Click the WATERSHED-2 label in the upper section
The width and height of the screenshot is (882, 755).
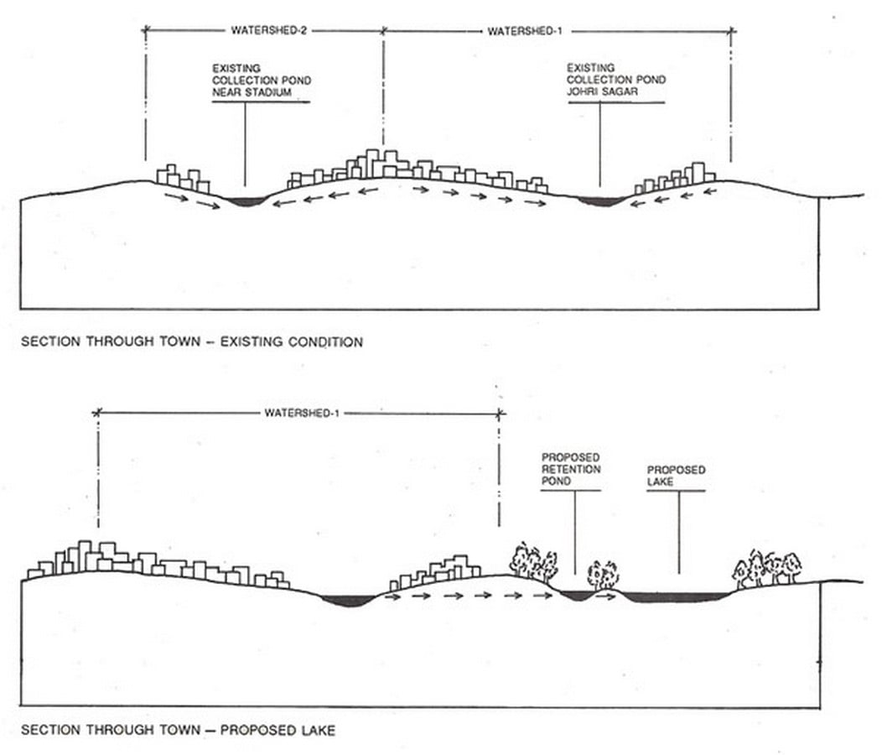click(x=269, y=30)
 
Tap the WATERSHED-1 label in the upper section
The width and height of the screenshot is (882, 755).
click(x=525, y=32)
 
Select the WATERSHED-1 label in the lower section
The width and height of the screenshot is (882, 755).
click(x=302, y=414)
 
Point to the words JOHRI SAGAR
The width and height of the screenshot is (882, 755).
click(x=602, y=91)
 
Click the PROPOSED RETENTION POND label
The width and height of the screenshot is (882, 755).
click(x=571, y=469)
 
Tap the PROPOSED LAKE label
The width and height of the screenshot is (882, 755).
click(x=676, y=476)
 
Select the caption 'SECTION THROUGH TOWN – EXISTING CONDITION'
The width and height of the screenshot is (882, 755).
click(x=192, y=341)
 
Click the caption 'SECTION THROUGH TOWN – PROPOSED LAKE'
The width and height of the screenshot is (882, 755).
click(x=178, y=730)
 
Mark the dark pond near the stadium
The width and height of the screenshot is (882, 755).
click(x=245, y=201)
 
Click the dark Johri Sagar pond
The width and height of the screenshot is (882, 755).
click(x=600, y=201)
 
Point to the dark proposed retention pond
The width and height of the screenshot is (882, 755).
click(x=577, y=595)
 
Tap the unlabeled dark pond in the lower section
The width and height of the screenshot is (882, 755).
click(x=348, y=601)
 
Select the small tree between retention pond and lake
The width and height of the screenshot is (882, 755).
click(x=603, y=575)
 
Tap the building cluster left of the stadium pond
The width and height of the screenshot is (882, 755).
click(x=183, y=178)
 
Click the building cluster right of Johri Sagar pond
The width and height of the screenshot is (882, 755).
click(x=675, y=177)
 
